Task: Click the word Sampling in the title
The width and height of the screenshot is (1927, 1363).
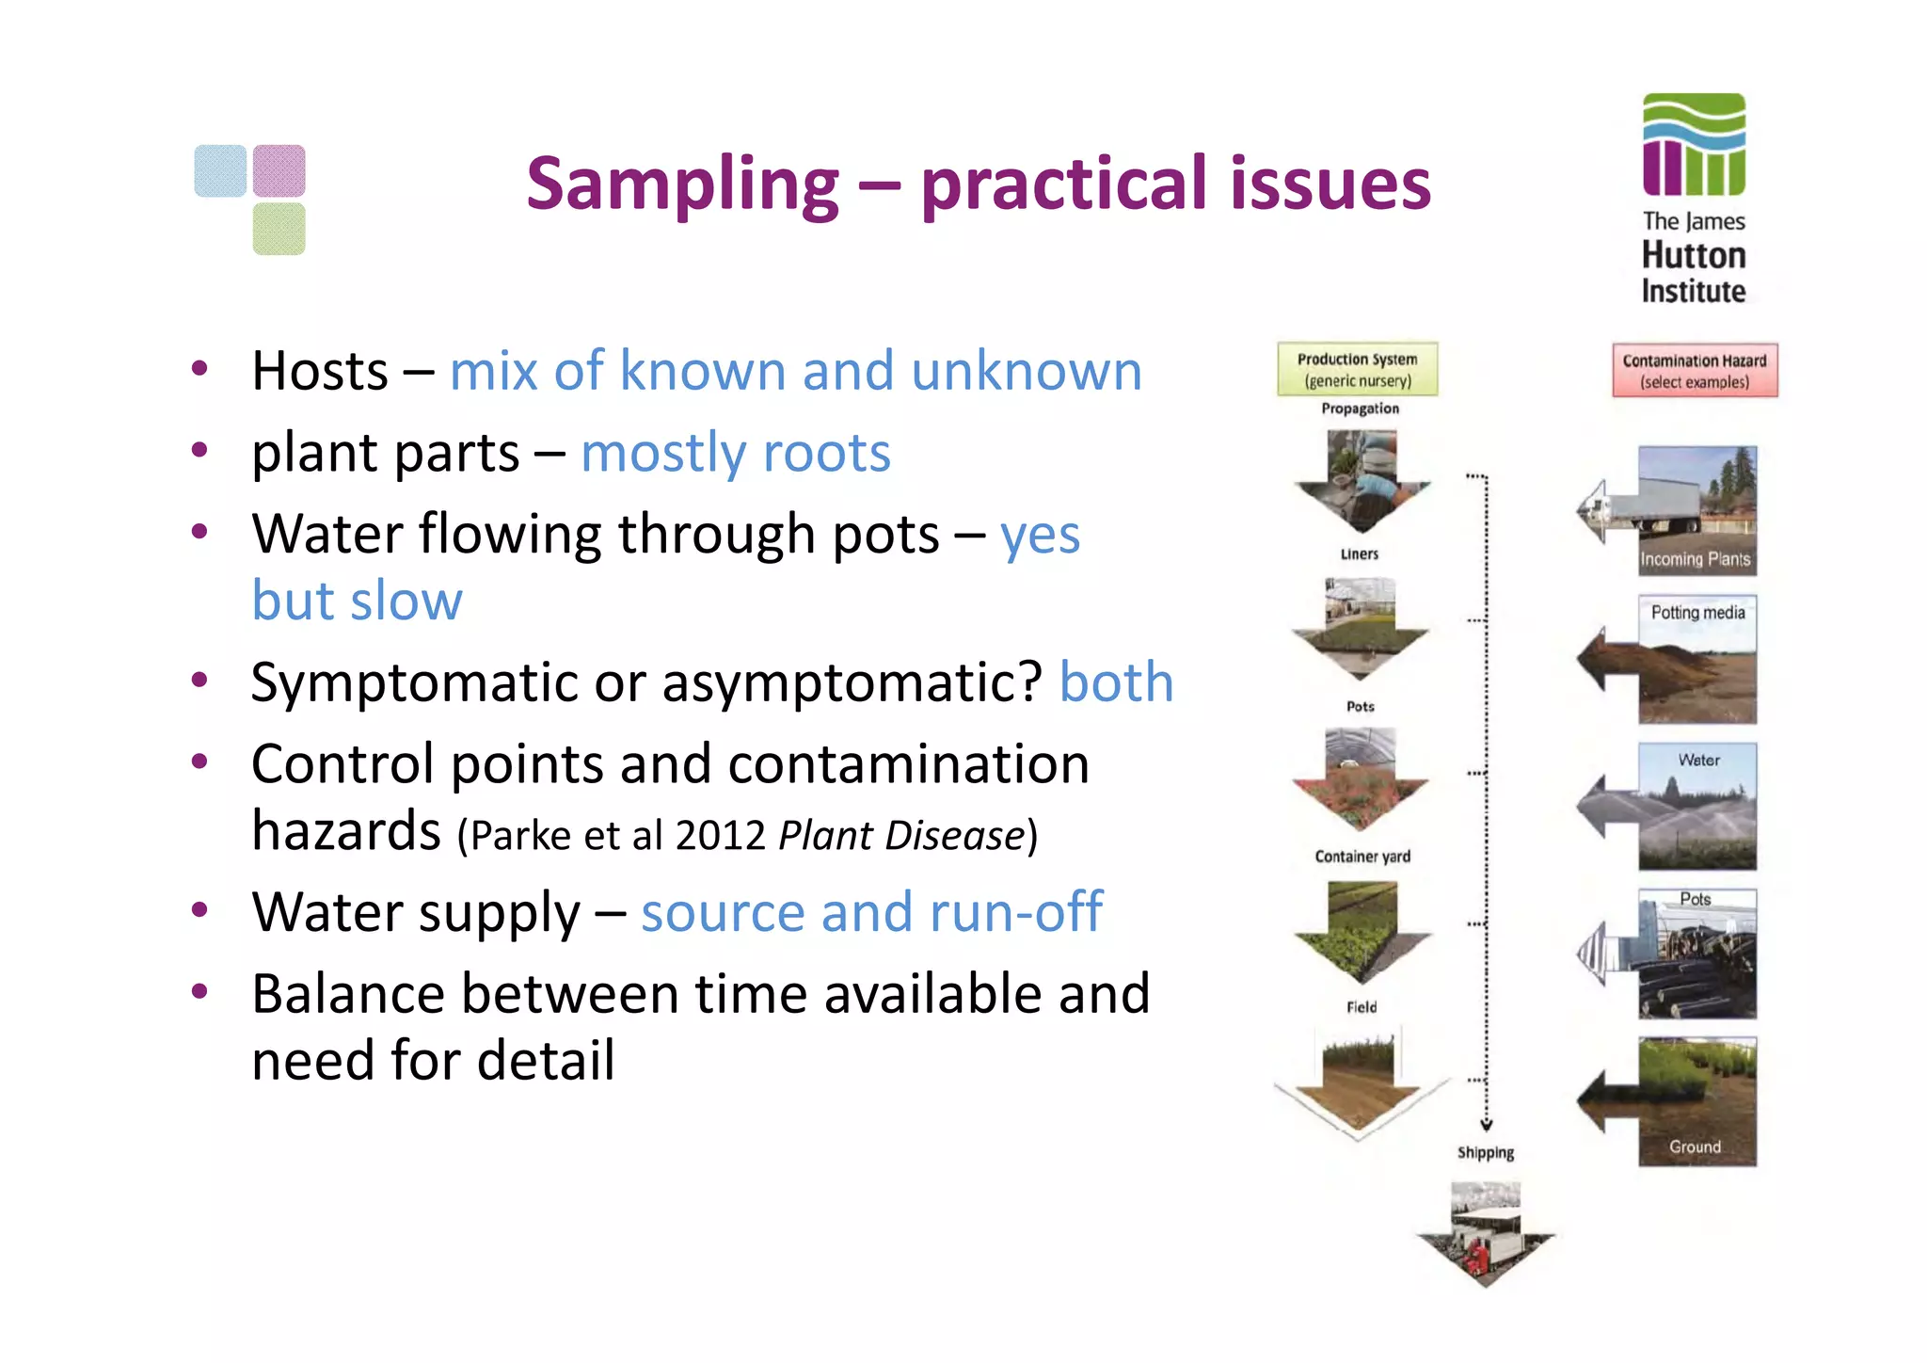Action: (682, 184)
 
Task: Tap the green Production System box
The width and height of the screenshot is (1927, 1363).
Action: (1357, 369)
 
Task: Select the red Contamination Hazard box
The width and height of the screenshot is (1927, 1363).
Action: (1694, 371)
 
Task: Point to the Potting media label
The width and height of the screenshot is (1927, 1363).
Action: (1697, 613)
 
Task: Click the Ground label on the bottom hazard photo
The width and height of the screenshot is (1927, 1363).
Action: (1695, 1147)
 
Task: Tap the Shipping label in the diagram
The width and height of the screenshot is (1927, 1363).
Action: (1486, 1152)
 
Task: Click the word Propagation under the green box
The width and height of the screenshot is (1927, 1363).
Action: (1360, 409)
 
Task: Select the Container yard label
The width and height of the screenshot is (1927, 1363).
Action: (1362, 857)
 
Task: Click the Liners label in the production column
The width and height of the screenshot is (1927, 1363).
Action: (1360, 554)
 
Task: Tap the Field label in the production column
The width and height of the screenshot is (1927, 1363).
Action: (1362, 1007)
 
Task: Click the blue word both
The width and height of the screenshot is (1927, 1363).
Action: (1116, 682)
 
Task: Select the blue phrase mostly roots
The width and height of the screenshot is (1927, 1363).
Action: (735, 454)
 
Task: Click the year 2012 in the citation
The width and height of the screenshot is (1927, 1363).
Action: (720, 836)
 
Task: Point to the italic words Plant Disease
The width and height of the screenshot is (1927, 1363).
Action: (900, 836)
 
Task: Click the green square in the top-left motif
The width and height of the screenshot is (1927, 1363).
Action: (279, 229)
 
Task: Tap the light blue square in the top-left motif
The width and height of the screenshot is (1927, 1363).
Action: (220, 170)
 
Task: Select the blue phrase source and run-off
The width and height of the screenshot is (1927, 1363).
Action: (870, 912)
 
